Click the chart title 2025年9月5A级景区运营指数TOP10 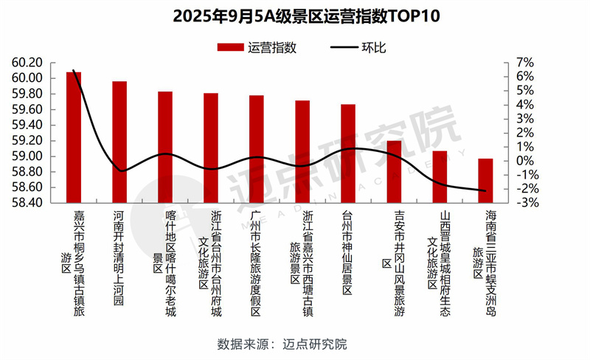294,15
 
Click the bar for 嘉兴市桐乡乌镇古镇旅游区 74,136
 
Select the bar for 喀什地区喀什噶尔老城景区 165,147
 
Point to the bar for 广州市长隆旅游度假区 257,148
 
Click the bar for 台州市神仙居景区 348,153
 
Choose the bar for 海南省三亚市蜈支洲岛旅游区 485,180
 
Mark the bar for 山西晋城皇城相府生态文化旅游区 440,176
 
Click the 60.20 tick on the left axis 27,63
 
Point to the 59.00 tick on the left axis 27,156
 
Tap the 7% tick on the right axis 514,63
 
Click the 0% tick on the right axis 514,161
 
